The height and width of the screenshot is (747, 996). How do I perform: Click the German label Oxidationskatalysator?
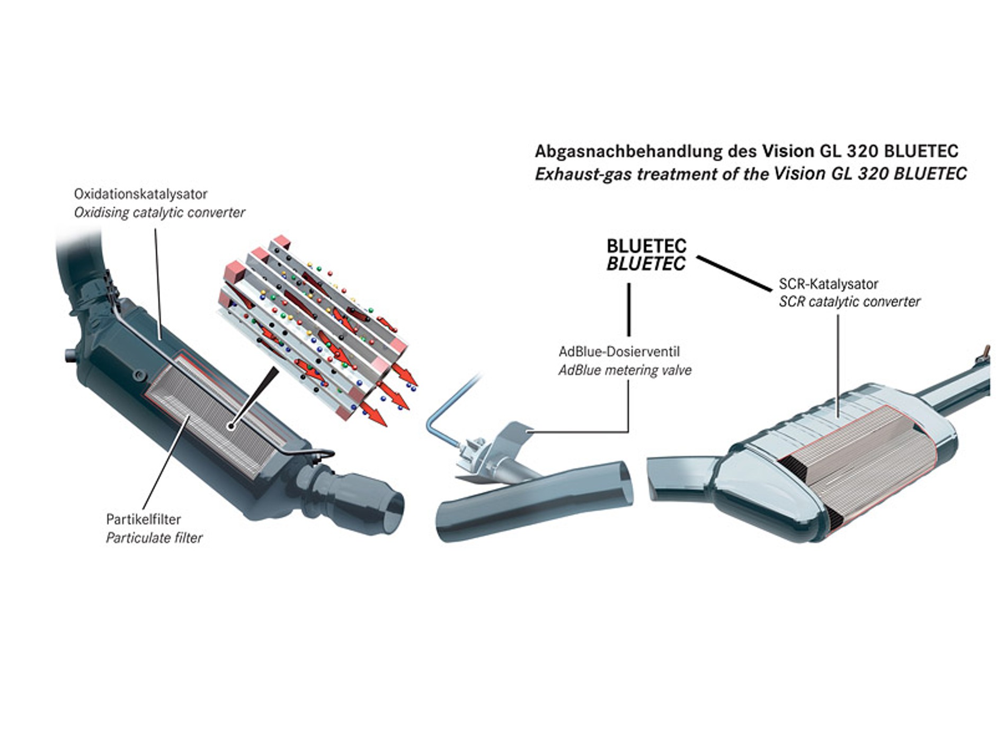tap(140, 194)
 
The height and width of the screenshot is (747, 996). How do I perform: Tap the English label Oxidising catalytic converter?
tap(159, 213)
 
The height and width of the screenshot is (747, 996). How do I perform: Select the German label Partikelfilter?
tap(143, 519)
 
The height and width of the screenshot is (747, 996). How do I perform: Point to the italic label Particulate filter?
tap(154, 538)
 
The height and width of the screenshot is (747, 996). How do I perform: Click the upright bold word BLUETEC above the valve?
tap(646, 246)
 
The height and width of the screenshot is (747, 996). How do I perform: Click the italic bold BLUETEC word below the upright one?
tap(646, 264)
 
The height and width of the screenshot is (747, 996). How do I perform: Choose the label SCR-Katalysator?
tap(828, 284)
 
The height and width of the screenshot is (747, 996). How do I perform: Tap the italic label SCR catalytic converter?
tap(849, 302)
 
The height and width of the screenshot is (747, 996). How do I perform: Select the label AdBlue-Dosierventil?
tap(619, 352)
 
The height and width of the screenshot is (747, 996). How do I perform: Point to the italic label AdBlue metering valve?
tap(625, 370)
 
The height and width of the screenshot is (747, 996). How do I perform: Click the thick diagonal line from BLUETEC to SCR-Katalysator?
tap(734, 273)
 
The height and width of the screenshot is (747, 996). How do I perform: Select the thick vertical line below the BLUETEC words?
tap(629, 309)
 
